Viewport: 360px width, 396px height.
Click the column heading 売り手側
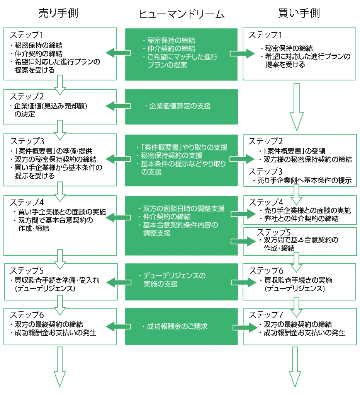pos(58,13)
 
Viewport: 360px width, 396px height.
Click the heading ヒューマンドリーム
pos(182,14)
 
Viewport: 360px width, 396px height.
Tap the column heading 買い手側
pos(299,13)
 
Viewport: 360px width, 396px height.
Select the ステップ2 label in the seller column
pos(27,96)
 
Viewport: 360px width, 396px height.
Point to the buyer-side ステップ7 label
pos(266,315)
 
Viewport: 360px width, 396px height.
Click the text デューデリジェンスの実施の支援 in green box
pos(172,280)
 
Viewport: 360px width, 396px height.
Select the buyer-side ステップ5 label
pos(274,232)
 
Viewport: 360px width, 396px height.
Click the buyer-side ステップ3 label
pos(266,171)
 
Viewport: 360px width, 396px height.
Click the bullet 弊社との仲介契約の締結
pos(299,218)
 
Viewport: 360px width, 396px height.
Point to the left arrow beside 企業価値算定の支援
pos(118,106)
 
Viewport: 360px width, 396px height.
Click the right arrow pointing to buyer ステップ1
pos(243,53)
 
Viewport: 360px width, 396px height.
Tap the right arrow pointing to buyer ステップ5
pos(243,241)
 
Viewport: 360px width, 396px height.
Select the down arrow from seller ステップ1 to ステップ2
pos(60,85)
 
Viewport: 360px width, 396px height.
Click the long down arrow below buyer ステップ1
pos(297,107)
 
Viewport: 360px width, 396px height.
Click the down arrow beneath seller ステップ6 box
pos(60,367)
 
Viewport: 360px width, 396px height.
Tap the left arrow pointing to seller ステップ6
pos(118,326)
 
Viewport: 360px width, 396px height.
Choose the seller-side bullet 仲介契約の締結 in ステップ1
pos(36,53)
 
